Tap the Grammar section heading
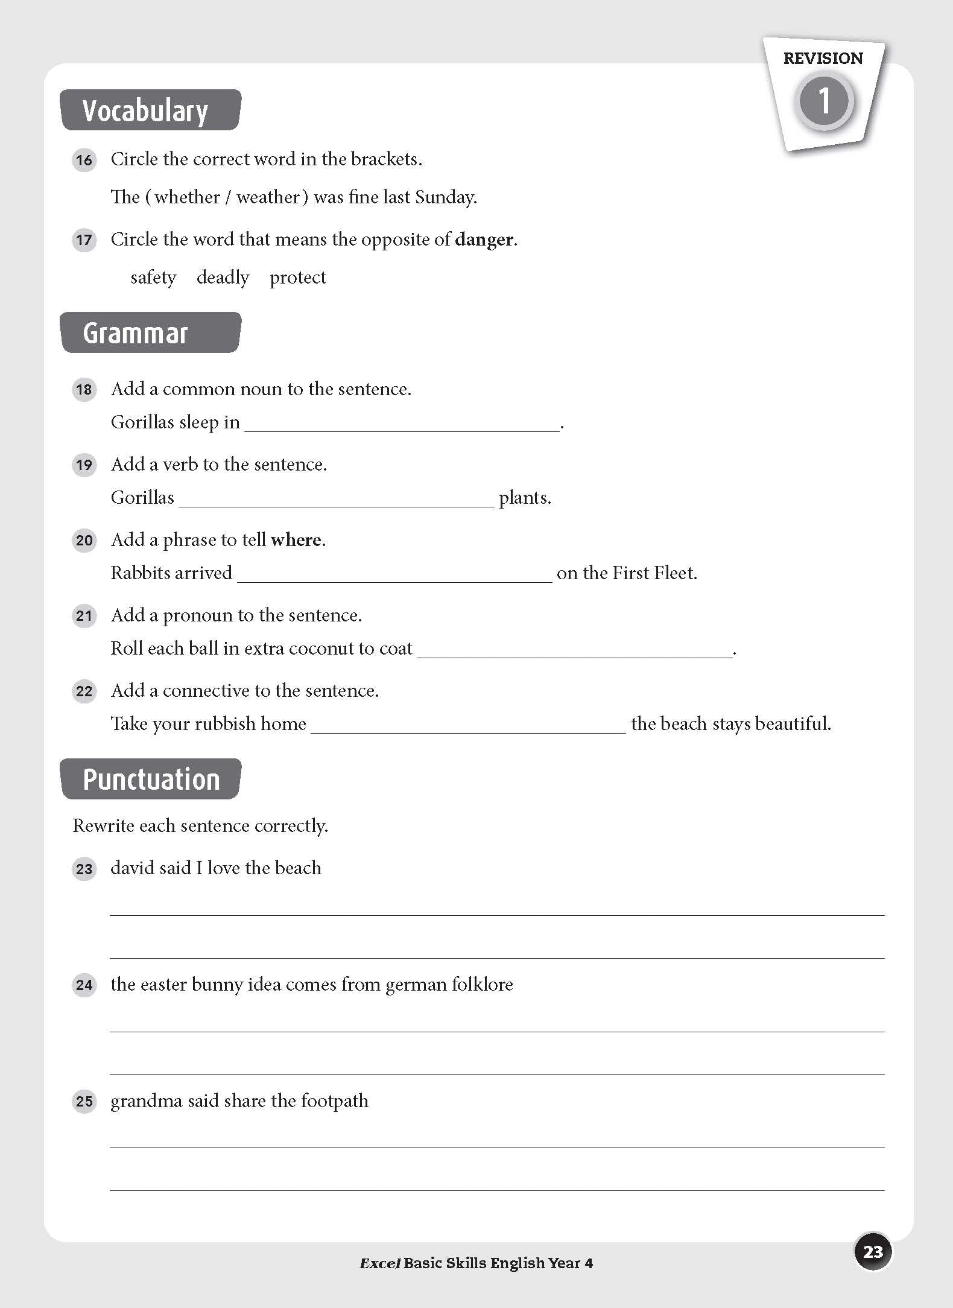tap(135, 333)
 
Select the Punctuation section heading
tap(151, 779)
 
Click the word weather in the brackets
tap(268, 197)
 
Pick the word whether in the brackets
tap(187, 197)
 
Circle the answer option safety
tap(153, 278)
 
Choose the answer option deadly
tap(223, 278)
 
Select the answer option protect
tap(298, 278)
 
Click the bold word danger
tap(484, 240)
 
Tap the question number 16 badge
tap(84, 160)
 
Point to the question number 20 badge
tap(84, 541)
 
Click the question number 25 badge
tap(84, 1102)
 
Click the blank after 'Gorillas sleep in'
tap(402, 424)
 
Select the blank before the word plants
tap(336, 499)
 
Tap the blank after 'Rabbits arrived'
tap(394, 574)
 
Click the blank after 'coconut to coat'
tap(574, 650)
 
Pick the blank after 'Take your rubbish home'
tap(468, 725)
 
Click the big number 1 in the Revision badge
tap(824, 101)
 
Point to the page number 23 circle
tap(873, 1252)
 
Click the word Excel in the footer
tap(380, 1263)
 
